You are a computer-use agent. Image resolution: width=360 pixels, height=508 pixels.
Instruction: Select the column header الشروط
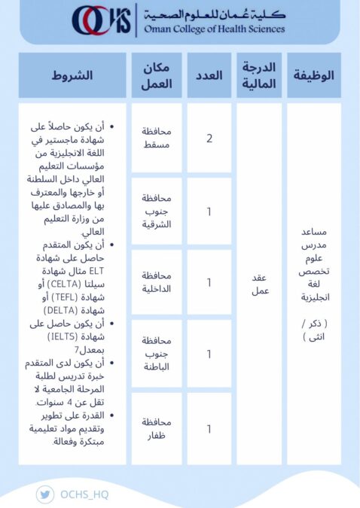tap(72, 75)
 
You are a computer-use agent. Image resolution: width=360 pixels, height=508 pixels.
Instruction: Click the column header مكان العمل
tap(157, 75)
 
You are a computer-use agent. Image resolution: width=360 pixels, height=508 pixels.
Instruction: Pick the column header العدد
tap(209, 75)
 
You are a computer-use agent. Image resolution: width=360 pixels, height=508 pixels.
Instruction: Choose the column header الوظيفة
tap(313, 75)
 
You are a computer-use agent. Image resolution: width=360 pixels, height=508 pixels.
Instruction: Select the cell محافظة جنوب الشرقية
tap(157, 211)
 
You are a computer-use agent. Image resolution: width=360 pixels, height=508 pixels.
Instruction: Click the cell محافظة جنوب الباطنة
tap(157, 353)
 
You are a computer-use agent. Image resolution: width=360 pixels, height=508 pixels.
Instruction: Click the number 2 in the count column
tap(209, 138)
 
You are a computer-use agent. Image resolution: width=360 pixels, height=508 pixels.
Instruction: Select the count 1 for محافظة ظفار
tap(209, 429)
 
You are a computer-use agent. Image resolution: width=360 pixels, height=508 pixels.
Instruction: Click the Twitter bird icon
tap(44, 494)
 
